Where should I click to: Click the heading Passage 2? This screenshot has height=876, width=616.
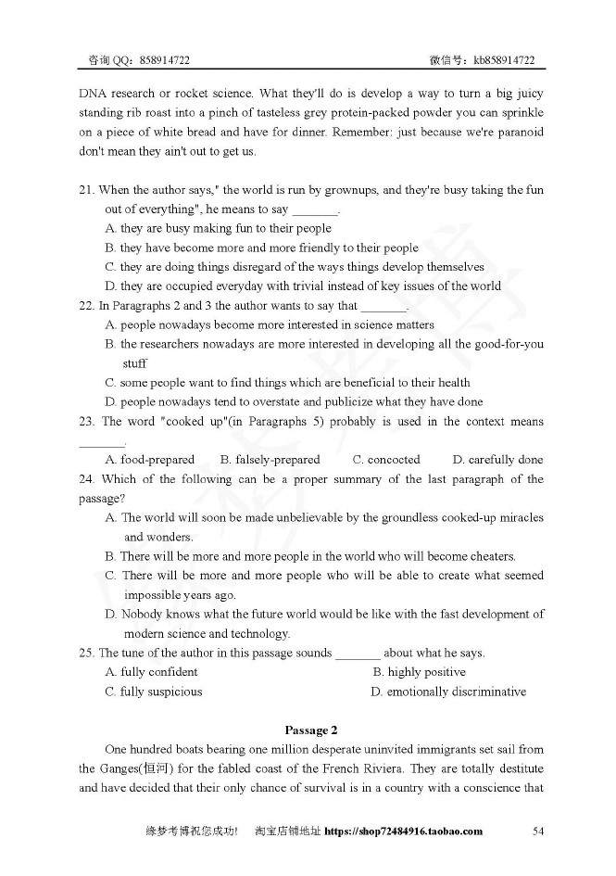tap(310, 730)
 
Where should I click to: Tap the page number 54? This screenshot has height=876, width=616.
tap(538, 832)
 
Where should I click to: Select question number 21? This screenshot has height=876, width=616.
tap(86, 190)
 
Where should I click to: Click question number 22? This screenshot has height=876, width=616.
tap(86, 306)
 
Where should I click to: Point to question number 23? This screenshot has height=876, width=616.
tap(86, 422)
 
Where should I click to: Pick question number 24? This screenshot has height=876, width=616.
tap(86, 479)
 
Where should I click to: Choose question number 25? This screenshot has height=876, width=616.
tap(86, 653)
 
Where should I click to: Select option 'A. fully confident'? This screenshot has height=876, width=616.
tap(152, 672)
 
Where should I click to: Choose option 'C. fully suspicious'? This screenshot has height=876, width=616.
tap(154, 692)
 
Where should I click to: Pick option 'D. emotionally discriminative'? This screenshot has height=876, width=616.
tap(448, 692)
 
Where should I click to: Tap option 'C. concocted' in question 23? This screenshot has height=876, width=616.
tap(386, 460)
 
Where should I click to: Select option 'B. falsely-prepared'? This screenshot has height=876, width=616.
tap(270, 460)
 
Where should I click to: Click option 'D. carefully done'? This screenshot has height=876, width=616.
tap(497, 460)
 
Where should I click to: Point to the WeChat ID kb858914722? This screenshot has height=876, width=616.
tap(504, 60)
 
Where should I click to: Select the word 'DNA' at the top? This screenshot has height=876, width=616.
tap(93, 94)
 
